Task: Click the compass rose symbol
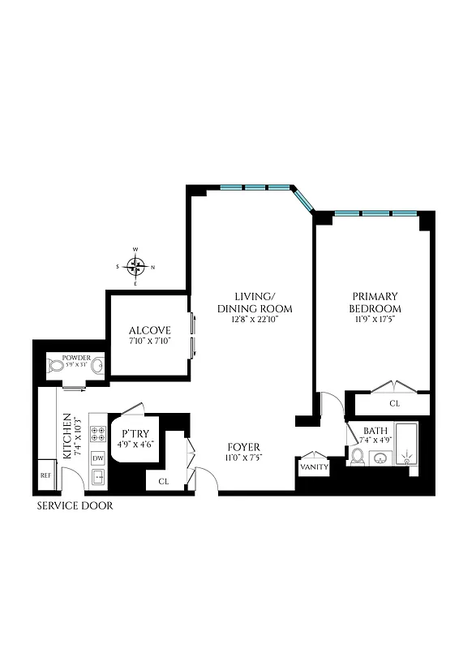136,266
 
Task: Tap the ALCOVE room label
150,330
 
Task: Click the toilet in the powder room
57,367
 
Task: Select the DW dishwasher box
98,458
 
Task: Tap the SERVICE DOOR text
75,506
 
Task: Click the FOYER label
244,447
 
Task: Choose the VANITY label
313,468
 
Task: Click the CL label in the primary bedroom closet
394,402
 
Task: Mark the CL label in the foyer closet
163,481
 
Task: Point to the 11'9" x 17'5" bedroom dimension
375,320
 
